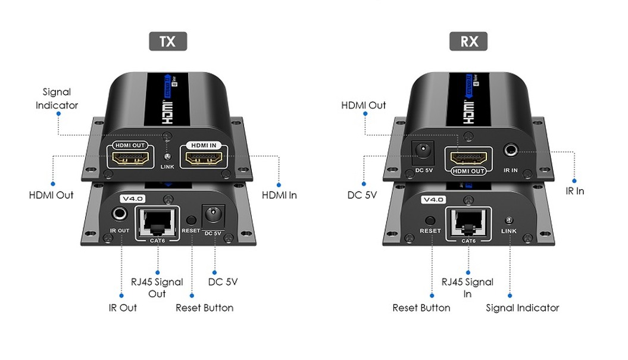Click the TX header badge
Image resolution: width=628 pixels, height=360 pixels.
tap(168, 41)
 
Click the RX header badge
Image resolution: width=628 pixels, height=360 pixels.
tap(469, 41)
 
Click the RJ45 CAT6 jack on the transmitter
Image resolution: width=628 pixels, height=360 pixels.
tap(157, 222)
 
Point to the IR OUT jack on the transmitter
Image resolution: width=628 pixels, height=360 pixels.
tap(120, 215)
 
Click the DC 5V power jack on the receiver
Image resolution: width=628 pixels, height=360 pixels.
tap(423, 153)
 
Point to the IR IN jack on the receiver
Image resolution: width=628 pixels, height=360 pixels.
tap(511, 151)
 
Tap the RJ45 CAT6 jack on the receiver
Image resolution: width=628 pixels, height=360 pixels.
tap(468, 223)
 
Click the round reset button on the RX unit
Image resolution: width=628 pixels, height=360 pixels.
tap(430, 219)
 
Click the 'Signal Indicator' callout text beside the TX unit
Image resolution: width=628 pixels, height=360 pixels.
tap(57, 99)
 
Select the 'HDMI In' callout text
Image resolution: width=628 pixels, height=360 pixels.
tap(279, 195)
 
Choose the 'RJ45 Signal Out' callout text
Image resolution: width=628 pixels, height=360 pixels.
tap(157, 288)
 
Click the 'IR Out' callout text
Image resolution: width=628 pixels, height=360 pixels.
tap(123, 308)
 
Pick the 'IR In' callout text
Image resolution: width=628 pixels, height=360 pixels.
tap(575, 191)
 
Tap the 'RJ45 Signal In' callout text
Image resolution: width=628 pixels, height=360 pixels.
tap(468, 288)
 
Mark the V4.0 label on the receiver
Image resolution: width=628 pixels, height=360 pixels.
tap(433, 200)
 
